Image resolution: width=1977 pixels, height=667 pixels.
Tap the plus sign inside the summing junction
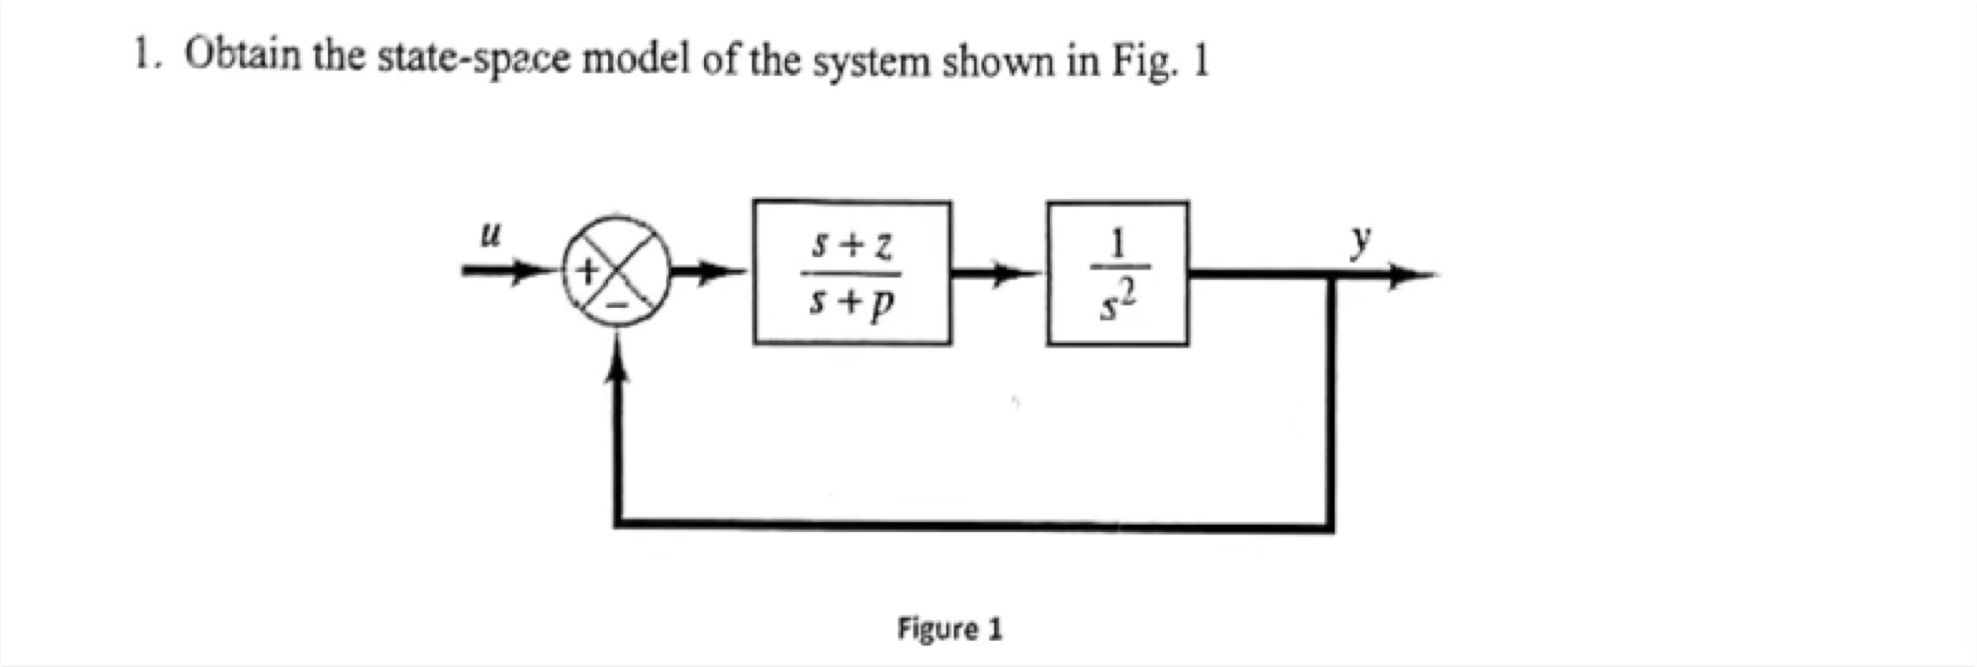[588, 270]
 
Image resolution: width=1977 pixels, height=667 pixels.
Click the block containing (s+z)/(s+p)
[852, 272]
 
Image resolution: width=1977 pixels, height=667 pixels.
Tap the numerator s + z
[852, 246]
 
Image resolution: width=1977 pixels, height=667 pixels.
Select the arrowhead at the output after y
[1412, 275]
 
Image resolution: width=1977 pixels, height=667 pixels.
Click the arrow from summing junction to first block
[710, 271]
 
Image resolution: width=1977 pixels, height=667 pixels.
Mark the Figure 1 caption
[950, 629]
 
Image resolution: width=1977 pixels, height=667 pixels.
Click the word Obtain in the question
[243, 55]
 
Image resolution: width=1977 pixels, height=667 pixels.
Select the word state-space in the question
[474, 60]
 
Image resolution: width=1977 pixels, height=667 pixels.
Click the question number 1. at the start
[146, 55]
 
